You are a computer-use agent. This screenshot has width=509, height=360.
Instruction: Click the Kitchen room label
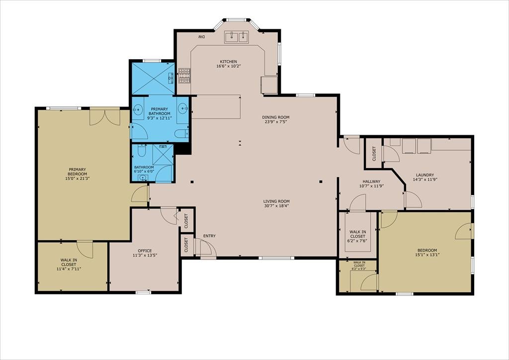(x=229, y=64)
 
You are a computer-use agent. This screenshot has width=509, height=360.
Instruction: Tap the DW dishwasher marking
(x=202, y=37)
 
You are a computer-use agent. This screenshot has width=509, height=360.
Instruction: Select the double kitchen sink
(x=236, y=37)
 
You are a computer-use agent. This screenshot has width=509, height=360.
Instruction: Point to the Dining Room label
(x=275, y=119)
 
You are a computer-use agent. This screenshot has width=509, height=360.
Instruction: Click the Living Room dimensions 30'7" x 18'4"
(x=276, y=205)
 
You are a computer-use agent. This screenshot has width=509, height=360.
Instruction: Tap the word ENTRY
(x=209, y=236)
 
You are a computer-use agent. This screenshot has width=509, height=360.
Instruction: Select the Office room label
(x=145, y=253)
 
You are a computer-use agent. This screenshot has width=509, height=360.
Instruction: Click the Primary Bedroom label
(x=77, y=174)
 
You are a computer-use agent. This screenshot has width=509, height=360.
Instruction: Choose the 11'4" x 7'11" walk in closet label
(x=69, y=264)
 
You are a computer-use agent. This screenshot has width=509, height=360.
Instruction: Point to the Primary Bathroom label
(x=159, y=113)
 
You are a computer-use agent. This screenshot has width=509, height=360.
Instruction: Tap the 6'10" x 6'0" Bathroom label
(x=144, y=169)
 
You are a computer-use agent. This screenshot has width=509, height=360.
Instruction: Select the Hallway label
(x=371, y=184)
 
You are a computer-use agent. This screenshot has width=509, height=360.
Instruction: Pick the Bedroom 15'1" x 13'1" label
(x=427, y=252)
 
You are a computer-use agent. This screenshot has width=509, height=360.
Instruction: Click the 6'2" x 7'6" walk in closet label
(x=358, y=236)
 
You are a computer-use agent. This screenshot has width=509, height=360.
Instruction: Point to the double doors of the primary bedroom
(x=104, y=117)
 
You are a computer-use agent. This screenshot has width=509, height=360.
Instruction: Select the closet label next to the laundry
(x=374, y=154)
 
